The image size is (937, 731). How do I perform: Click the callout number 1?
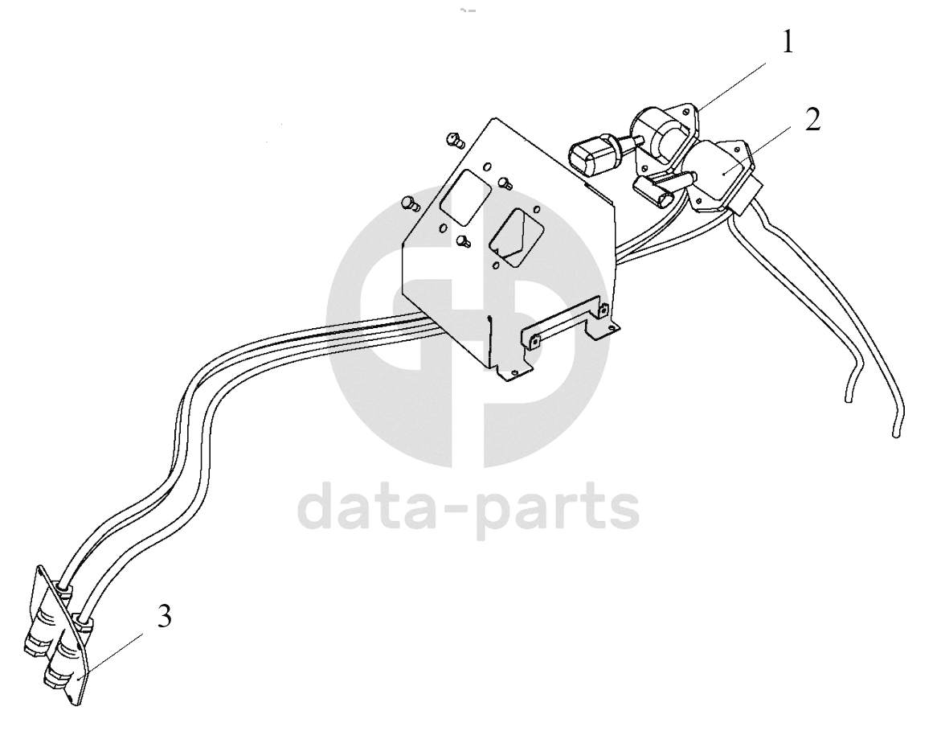pyautogui.click(x=788, y=43)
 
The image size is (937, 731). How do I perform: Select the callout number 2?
pyautogui.click(x=812, y=120)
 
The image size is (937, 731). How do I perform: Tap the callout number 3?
pyautogui.click(x=164, y=616)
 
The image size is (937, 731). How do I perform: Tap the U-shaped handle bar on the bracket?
pyautogui.click(x=565, y=325)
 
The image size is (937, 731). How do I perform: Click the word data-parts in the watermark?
pyautogui.click(x=468, y=511)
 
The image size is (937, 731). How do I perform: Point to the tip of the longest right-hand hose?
pyautogui.click(x=896, y=433)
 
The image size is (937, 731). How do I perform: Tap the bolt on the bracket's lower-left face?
pyautogui.click(x=462, y=240)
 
